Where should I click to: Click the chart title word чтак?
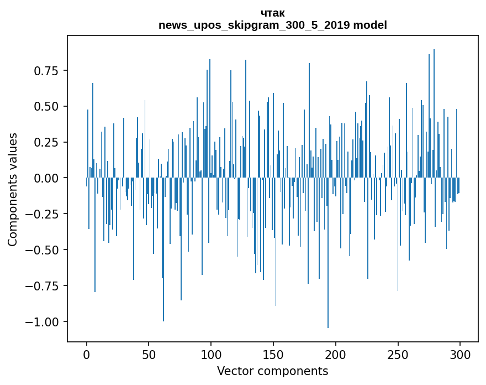272,13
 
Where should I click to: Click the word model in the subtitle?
370,25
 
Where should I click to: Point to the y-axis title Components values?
13,189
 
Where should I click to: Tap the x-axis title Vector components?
272,371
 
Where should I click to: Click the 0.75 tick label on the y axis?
46,71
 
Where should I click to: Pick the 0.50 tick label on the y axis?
46,106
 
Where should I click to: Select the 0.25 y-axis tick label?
46,142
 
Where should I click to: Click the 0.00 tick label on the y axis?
46,178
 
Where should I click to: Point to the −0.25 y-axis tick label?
43,214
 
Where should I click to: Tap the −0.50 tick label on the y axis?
43,250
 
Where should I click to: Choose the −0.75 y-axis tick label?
43,286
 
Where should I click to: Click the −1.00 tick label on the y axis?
43,322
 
